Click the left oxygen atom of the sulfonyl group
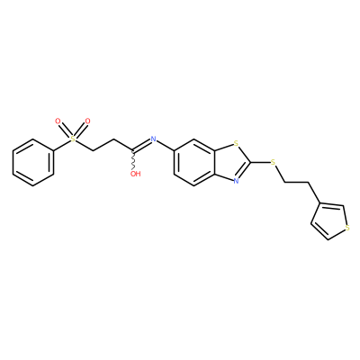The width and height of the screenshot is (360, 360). pos(58,121)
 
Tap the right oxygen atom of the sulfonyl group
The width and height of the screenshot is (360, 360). pos(87,121)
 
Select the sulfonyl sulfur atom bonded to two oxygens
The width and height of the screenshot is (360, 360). pos(72,139)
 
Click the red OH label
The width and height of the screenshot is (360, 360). pos(135,174)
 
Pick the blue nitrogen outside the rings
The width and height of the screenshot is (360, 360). pos(154,139)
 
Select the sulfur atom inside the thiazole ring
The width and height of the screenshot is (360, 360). pos(236,143)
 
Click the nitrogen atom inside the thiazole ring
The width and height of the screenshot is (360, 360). pos(236,181)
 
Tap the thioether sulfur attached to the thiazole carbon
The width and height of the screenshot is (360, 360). pos(273,162)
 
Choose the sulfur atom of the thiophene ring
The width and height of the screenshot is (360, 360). pos(347,228)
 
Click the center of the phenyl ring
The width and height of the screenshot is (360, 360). pos(33,162)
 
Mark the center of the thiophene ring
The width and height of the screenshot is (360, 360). pos(330,222)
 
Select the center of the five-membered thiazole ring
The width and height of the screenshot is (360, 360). pos(232,162)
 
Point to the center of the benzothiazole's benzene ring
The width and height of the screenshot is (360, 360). pos(194,162)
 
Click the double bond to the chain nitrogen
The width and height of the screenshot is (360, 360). pos(142,145)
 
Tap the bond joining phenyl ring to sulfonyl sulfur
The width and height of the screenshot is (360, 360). pos(61,145)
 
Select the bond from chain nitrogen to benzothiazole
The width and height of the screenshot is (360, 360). pos(166,146)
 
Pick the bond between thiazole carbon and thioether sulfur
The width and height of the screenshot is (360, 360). pos(260,162)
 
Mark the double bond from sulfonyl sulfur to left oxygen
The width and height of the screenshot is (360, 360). pos(65,130)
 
